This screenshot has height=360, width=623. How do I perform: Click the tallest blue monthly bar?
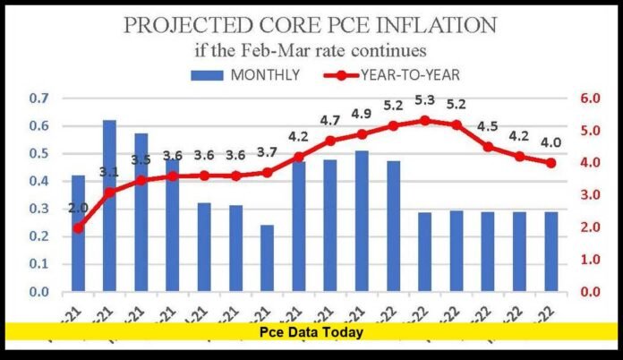click(x=109, y=206)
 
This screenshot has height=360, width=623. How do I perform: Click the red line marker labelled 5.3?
click(x=425, y=120)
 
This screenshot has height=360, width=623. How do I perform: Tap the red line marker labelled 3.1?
click(x=109, y=192)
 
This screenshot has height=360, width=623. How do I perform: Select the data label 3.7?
click(x=268, y=152)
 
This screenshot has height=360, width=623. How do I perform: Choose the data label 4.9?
click(x=362, y=114)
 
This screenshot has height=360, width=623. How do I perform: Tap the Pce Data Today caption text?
click(x=311, y=331)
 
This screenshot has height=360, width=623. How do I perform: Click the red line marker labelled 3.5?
click(x=141, y=180)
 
